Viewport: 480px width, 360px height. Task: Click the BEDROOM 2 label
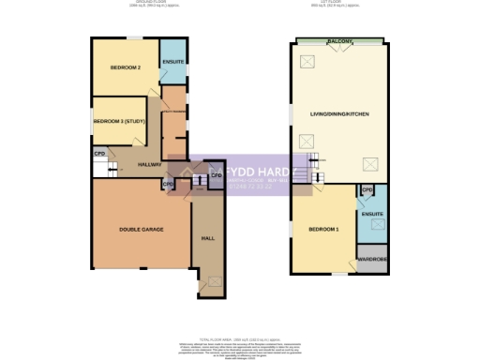coord(125,68)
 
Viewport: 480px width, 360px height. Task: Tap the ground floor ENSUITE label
coord(172,63)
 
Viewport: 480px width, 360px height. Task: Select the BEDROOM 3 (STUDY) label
coord(119,121)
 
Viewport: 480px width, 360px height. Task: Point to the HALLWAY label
coord(148,164)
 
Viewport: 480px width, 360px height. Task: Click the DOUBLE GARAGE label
coord(140,229)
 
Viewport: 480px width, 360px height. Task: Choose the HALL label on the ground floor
coord(207,238)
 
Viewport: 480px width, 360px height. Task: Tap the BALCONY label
coord(339,42)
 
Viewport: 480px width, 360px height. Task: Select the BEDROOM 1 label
coord(323,229)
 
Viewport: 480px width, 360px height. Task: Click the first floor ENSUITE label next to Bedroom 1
coord(372,215)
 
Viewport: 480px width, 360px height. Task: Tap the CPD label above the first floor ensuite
coord(367,190)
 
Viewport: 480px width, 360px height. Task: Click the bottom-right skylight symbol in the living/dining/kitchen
coord(369,165)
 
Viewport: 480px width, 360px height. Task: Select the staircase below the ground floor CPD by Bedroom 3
coord(107,170)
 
